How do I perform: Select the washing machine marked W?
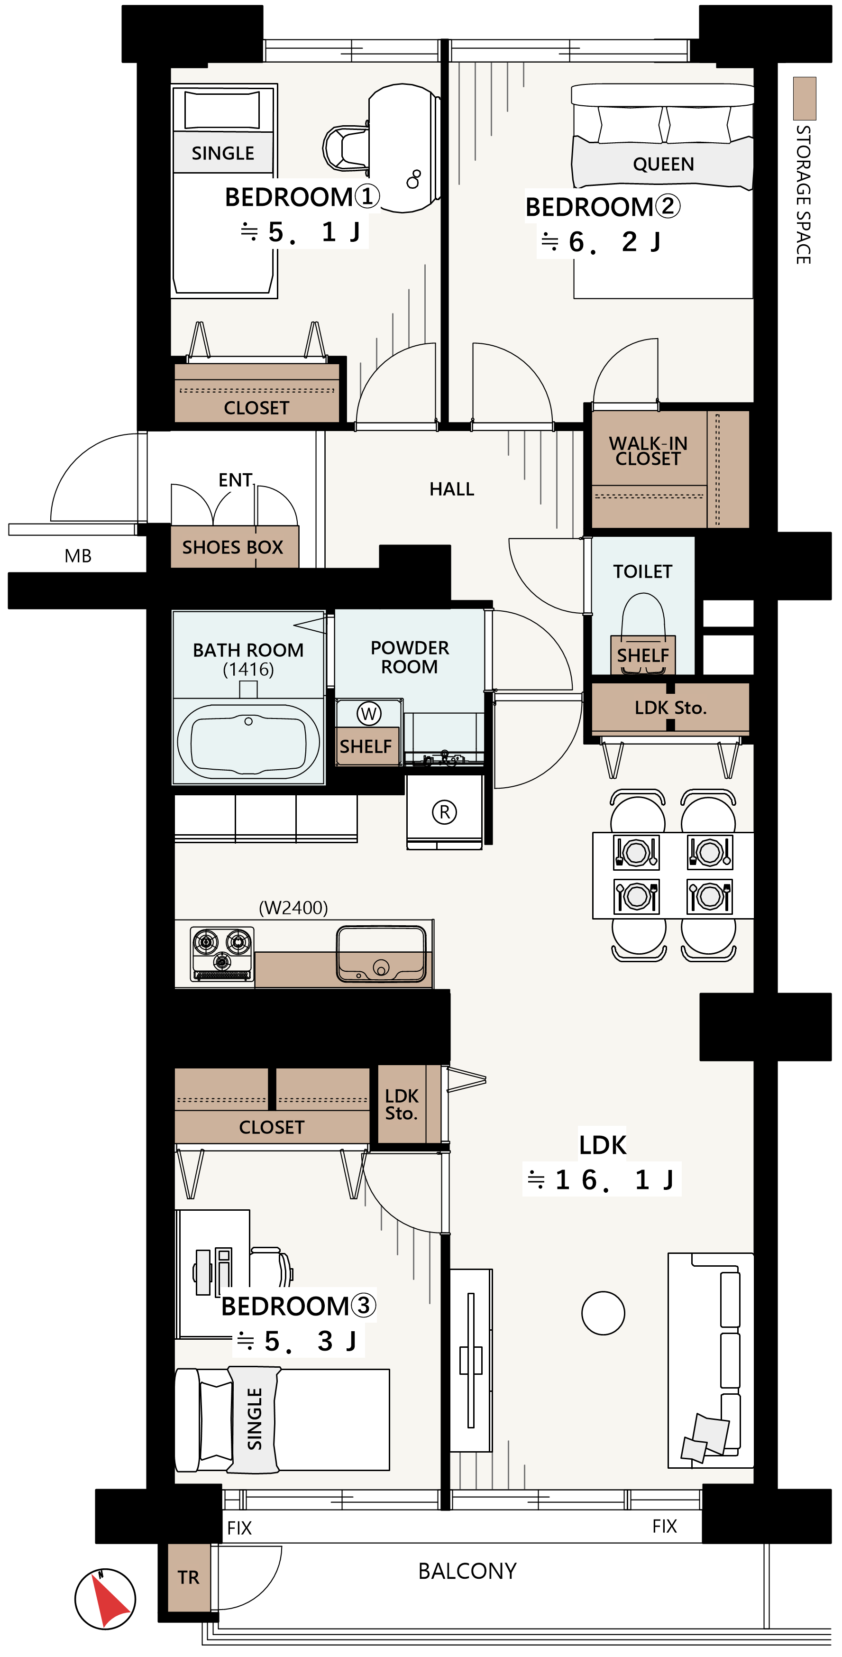(368, 713)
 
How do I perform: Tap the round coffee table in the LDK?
(603, 1313)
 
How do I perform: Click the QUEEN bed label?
(663, 165)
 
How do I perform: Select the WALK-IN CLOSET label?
(648, 451)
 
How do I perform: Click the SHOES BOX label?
(233, 547)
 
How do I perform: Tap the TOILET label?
(642, 571)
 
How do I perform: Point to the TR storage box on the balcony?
(189, 1577)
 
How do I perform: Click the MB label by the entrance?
(78, 556)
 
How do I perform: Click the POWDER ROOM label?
(410, 657)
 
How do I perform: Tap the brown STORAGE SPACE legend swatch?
(804, 99)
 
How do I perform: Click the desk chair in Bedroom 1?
(346, 148)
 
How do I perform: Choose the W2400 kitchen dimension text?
(293, 908)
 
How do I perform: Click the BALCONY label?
(467, 1572)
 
